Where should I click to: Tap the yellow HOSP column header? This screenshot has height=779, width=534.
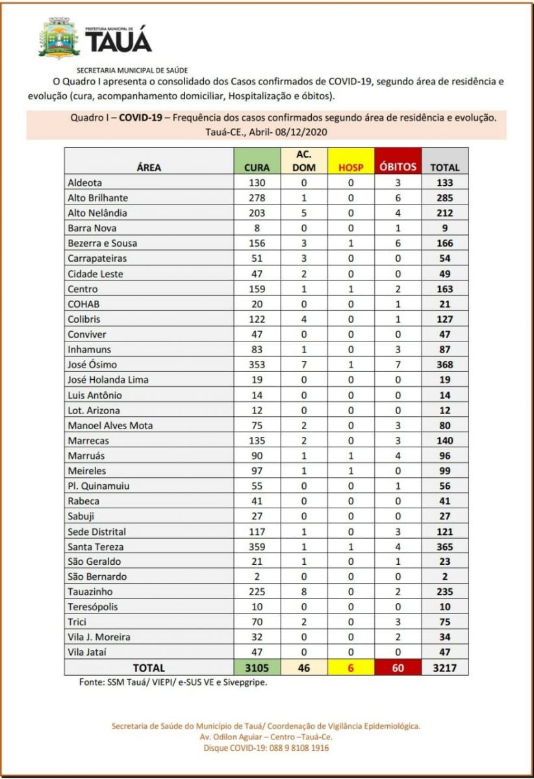tap(351, 167)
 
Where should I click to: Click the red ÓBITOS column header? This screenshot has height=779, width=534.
tap(397, 167)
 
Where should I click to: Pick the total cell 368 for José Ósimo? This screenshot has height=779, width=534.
tap(444, 365)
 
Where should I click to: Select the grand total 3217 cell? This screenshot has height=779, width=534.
tap(444, 667)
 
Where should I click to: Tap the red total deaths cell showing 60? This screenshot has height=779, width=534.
tap(397, 667)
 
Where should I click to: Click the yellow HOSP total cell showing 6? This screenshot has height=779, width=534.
tap(351, 667)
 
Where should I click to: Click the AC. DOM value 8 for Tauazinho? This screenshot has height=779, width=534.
tap(304, 592)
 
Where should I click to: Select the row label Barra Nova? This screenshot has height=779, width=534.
tap(92, 229)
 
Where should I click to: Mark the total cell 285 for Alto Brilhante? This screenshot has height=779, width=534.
tap(444, 198)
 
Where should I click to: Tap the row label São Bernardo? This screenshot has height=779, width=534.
tap(97, 576)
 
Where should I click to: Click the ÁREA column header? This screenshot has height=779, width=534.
tap(149, 167)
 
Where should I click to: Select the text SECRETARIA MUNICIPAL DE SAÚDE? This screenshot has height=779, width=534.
tap(133, 69)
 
